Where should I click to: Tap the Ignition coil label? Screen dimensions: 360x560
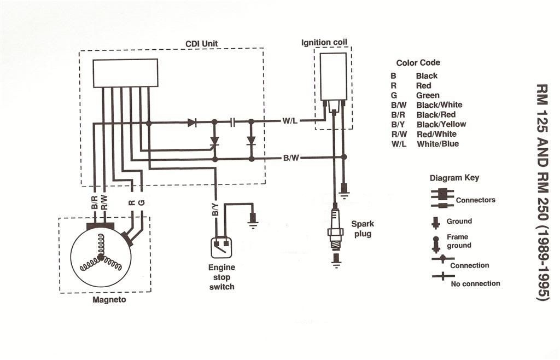coord(324,42)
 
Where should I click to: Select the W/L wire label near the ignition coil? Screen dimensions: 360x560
coord(290,121)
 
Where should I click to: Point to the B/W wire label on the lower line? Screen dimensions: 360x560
coord(290,159)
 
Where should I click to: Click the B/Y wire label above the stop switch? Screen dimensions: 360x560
coord(216,210)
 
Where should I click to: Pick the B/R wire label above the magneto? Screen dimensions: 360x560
coord(95,204)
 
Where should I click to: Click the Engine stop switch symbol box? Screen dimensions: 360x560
coord(222,247)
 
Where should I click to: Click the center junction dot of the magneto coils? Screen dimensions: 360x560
coord(101,256)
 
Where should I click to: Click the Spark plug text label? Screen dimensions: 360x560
coord(361,229)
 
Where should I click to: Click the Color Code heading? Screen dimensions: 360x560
coord(418,63)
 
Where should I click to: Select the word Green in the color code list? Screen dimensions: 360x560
coord(428,95)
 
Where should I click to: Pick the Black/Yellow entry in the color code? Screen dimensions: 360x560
coord(441,124)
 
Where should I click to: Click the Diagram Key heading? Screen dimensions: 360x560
coord(454,178)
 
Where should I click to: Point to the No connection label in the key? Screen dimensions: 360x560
coord(475,283)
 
